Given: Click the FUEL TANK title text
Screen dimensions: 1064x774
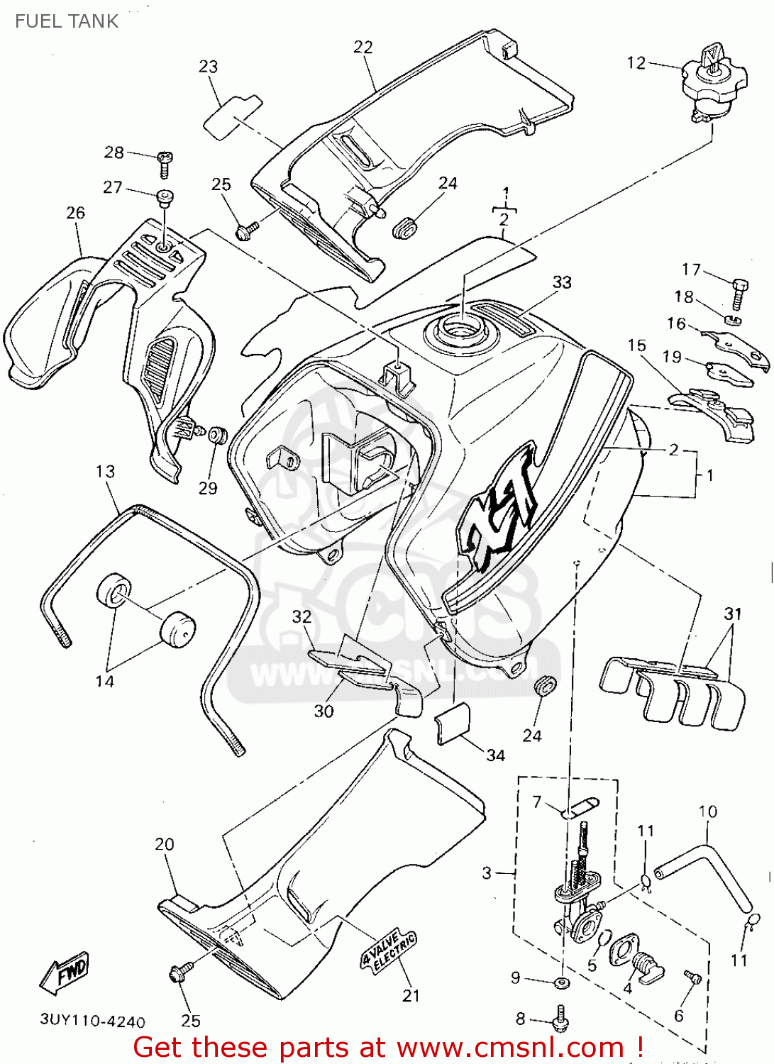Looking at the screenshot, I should [67, 21].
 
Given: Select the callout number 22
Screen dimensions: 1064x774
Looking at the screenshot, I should [363, 47].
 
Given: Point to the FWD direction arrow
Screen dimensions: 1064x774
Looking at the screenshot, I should [65, 972].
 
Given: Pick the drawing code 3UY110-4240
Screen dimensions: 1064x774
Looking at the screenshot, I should [92, 1021].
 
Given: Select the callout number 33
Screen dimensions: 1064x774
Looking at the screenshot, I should [562, 282].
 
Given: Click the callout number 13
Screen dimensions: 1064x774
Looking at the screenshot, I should [105, 472].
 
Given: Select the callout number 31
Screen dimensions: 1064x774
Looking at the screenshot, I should [733, 614].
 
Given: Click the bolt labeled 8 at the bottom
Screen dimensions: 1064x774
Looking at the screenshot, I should [560, 1019].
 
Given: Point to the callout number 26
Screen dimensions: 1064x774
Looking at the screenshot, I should [75, 213].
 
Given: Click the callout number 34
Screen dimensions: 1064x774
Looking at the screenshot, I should [495, 755].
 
